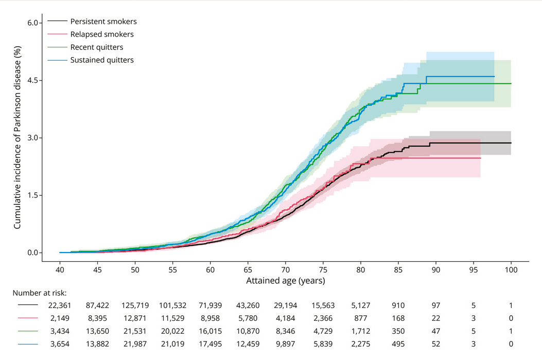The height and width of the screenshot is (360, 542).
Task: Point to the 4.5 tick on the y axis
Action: point(31,80)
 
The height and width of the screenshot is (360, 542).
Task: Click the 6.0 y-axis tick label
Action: point(31,23)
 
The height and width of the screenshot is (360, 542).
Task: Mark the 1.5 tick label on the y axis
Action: point(31,195)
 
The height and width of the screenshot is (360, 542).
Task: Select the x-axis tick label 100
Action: point(511,269)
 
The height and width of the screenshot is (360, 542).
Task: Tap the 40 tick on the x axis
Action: point(60,269)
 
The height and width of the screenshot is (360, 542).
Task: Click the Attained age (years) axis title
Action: point(285,281)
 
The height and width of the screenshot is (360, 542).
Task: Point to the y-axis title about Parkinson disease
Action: point(17,138)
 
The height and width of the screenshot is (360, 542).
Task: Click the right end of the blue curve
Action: point(494,76)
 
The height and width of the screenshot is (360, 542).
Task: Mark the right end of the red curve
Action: point(480,158)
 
